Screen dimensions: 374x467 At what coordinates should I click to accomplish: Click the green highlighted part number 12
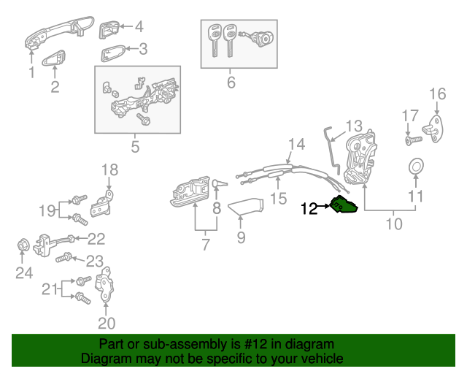pos(344,205)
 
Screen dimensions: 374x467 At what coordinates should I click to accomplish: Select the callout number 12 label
pos(309,209)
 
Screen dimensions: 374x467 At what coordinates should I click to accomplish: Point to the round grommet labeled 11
pos(415,167)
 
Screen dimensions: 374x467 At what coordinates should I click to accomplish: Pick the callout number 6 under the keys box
pos(231,83)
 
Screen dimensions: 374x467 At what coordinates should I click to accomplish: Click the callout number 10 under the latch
pos(393,224)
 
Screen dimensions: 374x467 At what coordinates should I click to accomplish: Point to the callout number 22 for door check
pos(96,238)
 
